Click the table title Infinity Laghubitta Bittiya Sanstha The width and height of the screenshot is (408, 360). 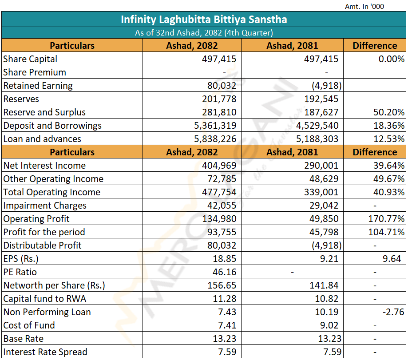point(204,20)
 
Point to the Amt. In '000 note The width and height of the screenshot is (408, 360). point(364,6)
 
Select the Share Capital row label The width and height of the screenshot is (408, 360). point(30,59)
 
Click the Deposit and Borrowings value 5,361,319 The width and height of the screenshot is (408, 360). point(215,126)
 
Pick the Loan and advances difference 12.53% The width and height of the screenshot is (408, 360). point(389,139)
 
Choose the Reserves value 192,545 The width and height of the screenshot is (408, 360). point(321,99)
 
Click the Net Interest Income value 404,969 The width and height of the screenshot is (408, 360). point(219,166)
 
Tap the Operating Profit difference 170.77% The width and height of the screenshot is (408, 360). point(386,219)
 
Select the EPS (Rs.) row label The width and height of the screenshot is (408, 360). point(21,259)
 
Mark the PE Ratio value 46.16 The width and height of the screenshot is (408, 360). point(225,272)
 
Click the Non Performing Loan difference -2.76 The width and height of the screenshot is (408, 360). point(393,312)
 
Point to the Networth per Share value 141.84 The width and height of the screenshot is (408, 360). point(324,285)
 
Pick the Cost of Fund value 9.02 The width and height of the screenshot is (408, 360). point(329,325)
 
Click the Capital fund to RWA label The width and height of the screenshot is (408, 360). point(44,299)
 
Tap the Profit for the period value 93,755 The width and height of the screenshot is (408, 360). point(222,232)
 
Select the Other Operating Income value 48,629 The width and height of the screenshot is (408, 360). point(324,179)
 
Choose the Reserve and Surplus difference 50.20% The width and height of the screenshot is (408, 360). point(389,112)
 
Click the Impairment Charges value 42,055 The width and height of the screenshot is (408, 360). point(222,206)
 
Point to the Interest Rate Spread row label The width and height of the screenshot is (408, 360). point(45,352)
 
